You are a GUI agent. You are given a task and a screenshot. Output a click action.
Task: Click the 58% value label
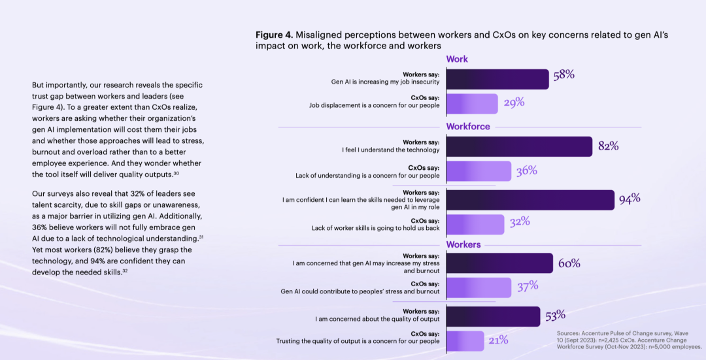click(563, 74)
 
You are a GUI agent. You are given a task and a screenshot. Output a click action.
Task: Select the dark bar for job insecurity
click(497, 79)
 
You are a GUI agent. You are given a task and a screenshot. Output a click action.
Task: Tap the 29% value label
click(514, 102)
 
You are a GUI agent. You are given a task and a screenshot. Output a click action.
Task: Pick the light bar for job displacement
click(471, 103)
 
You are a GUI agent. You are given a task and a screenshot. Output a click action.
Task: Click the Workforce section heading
click(468, 126)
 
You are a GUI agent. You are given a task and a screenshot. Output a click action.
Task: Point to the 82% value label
click(608, 146)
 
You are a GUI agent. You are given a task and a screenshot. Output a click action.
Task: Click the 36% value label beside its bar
click(526, 171)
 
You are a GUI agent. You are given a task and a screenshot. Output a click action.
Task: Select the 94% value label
click(630, 199)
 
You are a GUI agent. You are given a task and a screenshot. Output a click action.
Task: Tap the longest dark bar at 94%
click(529, 199)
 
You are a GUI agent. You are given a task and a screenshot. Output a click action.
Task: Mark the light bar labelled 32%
click(475, 223)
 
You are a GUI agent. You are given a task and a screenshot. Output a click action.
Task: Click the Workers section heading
click(463, 244)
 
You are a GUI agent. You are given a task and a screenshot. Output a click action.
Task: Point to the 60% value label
click(569, 263)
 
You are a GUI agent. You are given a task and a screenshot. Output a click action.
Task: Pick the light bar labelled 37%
click(478, 287)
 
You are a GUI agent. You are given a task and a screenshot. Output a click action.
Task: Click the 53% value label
click(555, 316)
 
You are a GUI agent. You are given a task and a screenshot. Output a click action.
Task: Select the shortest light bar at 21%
click(465, 340)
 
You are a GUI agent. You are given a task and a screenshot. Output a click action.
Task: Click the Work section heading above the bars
click(457, 59)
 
